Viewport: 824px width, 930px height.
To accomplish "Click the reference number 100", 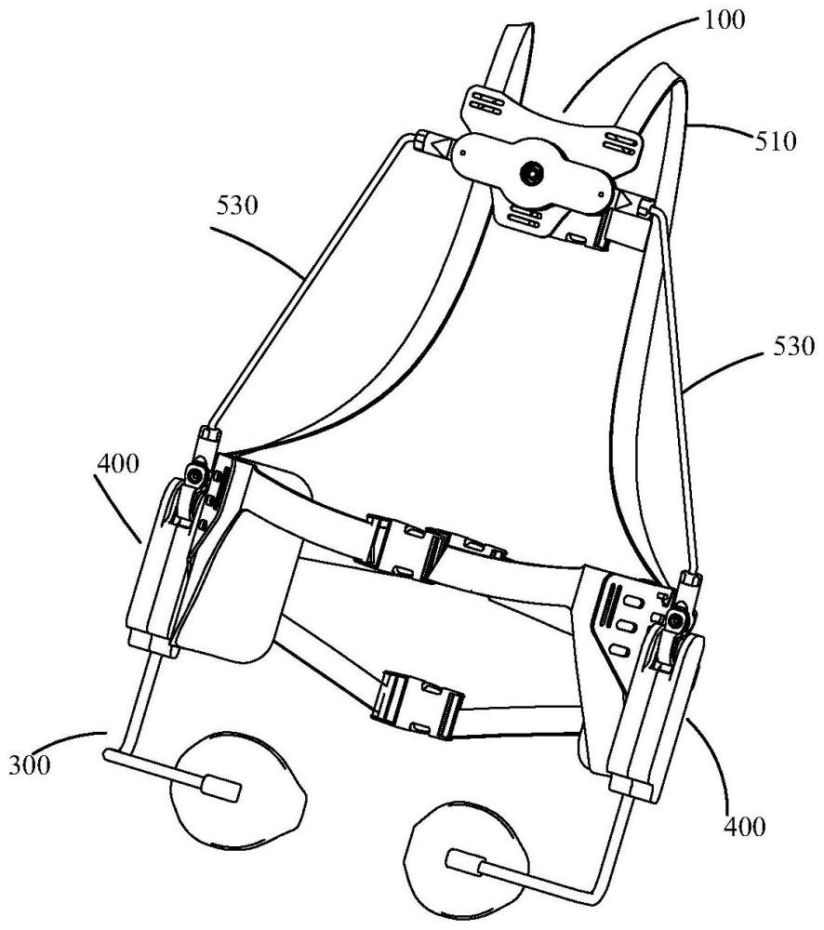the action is pos(724,20).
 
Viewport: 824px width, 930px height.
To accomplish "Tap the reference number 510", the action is pos(775,141).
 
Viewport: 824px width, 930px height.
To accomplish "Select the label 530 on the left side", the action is pos(237,206).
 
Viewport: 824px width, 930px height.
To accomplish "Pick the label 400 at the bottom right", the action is pos(745,825).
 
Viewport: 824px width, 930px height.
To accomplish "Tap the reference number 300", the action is pos(30,764).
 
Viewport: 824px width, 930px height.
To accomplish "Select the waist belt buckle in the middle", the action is pos(437,547).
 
